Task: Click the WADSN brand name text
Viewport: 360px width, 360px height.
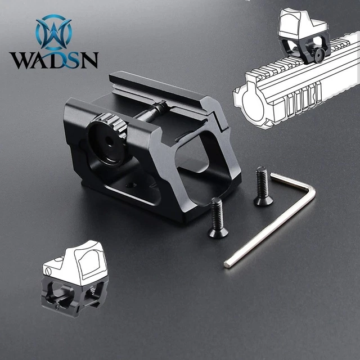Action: pyautogui.click(x=54, y=60)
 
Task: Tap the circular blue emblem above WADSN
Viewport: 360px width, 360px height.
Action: pyautogui.click(x=54, y=32)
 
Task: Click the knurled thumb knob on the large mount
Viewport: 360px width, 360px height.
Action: pyautogui.click(x=107, y=139)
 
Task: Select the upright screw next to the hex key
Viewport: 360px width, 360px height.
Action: pyautogui.click(x=263, y=186)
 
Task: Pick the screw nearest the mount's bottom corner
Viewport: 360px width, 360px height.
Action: pyautogui.click(x=218, y=218)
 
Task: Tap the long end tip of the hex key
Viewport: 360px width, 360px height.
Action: pyautogui.click(x=227, y=264)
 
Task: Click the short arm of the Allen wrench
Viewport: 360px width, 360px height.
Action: pyautogui.click(x=289, y=181)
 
